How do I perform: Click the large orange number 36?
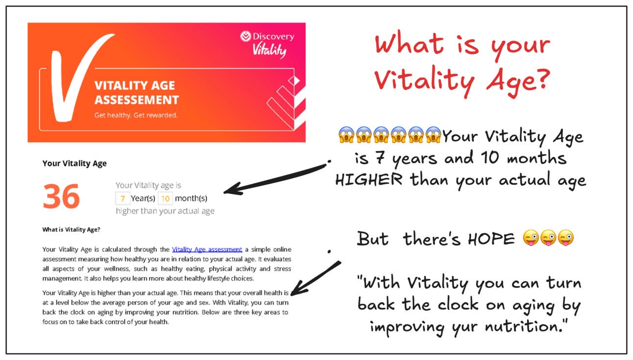(x=61, y=196)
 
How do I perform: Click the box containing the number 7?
(x=122, y=198)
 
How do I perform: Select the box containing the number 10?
(x=165, y=198)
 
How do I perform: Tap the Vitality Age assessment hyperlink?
(x=207, y=249)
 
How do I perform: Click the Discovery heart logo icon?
(x=245, y=36)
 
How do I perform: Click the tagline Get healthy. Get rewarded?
(x=136, y=115)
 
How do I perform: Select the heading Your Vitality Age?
(x=74, y=163)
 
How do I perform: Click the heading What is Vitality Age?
(x=71, y=229)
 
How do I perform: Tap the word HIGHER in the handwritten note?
(x=368, y=180)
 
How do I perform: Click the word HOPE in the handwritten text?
(x=491, y=239)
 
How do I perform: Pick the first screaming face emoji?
(x=346, y=135)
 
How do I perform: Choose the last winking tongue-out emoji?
(x=566, y=238)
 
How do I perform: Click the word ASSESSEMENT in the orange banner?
(x=137, y=100)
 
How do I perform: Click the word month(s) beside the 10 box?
(x=191, y=198)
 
